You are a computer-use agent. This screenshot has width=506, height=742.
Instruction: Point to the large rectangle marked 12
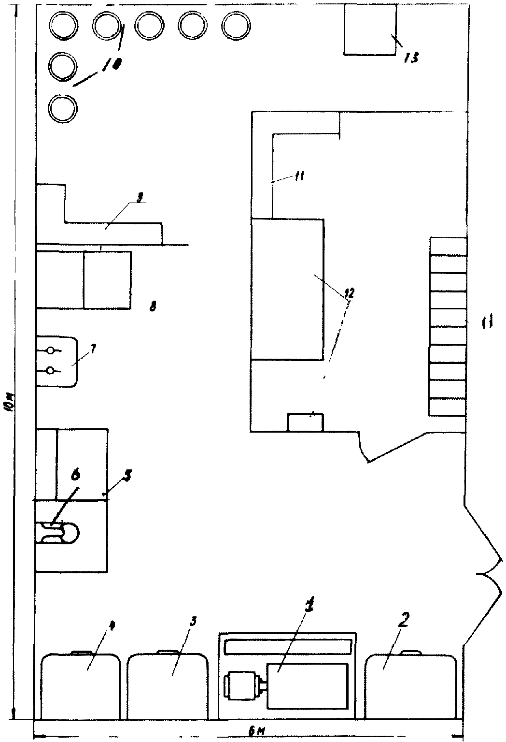287,289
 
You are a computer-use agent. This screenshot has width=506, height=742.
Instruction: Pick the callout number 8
153,306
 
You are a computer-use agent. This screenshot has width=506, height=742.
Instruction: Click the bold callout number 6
75,477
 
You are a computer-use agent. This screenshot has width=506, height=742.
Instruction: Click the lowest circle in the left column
63,109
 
